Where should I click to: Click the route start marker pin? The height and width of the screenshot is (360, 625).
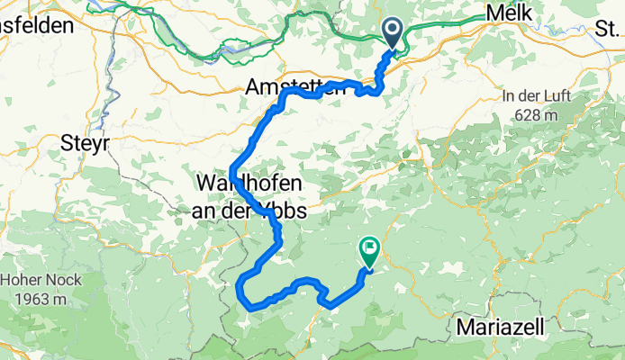394,34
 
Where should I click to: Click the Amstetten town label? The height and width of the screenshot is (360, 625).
286,88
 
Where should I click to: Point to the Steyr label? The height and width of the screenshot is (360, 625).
84,142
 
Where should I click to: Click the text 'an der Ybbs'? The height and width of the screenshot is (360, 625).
249,211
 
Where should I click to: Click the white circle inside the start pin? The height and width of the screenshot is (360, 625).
394,30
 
